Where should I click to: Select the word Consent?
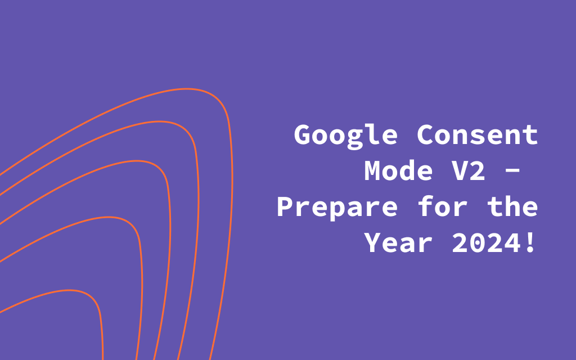(478, 134)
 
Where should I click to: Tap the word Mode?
(398, 170)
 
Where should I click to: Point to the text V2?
(469, 170)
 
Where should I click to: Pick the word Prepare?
(337, 208)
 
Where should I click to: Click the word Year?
(398, 242)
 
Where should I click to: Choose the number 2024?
(486, 242)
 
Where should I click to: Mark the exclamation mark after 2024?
(530, 242)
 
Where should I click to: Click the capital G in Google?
(303, 134)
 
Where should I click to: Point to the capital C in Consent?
(426, 134)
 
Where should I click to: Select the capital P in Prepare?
(286, 206)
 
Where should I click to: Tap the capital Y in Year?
(373, 242)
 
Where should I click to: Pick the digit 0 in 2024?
(478, 242)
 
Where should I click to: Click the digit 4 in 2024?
(512, 242)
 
